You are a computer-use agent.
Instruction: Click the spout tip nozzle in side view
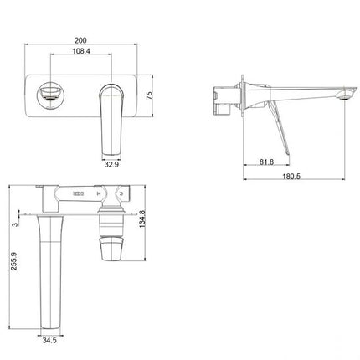[x=343, y=100]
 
